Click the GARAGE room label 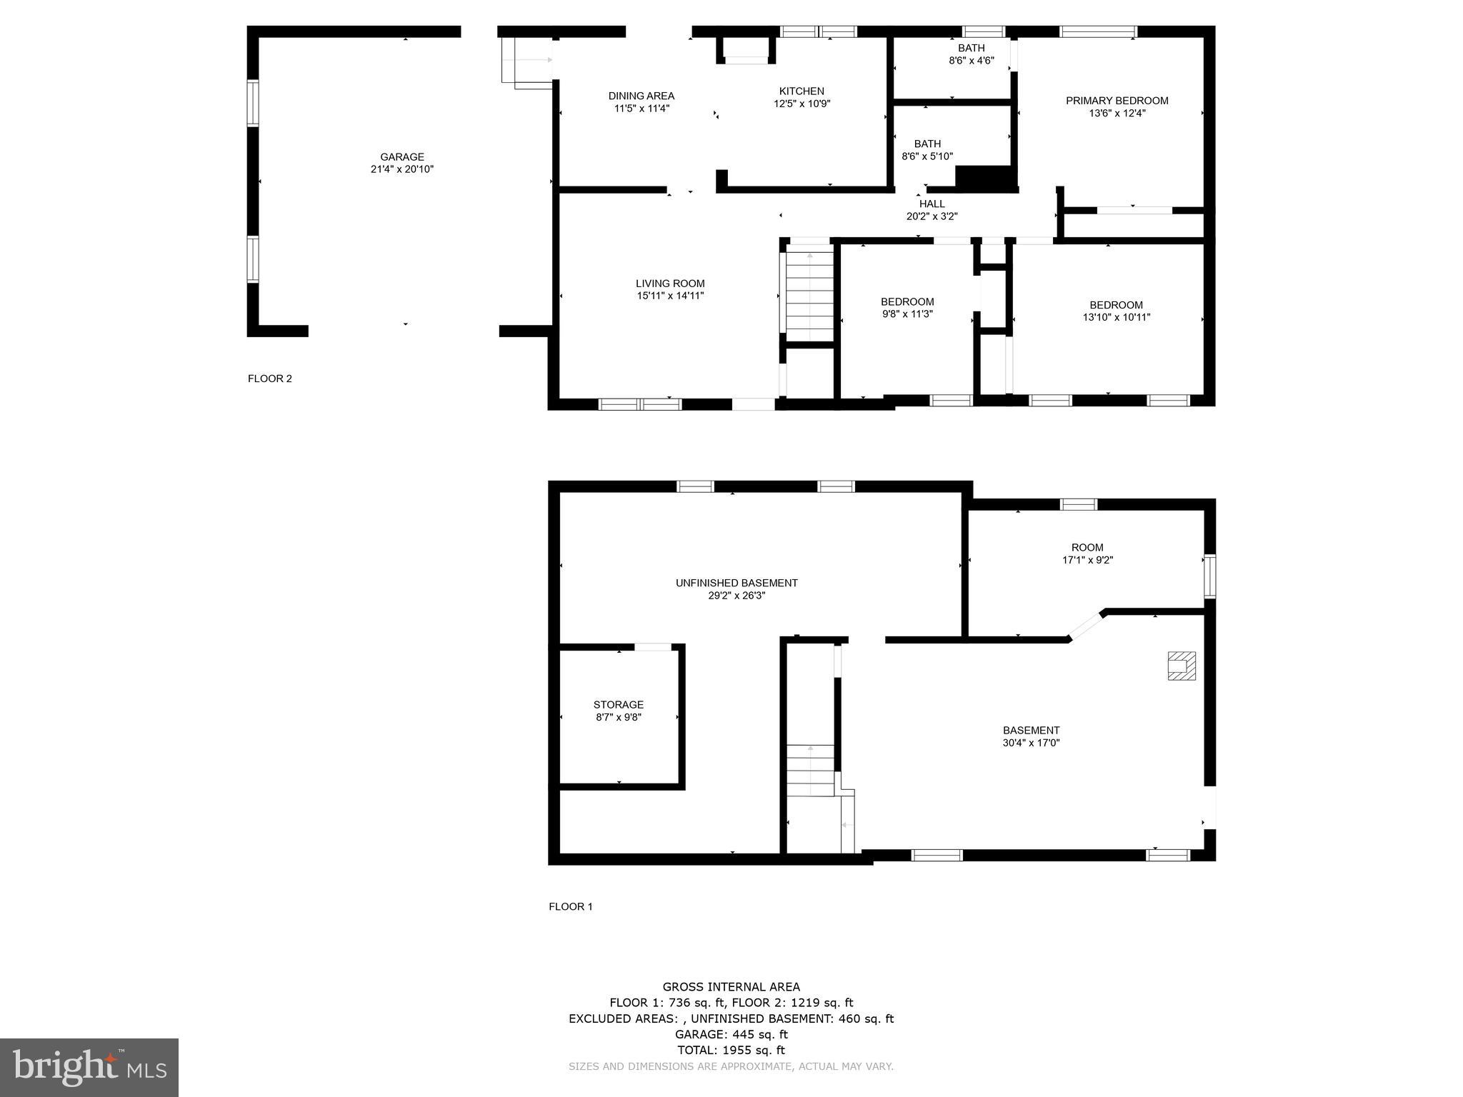(402, 157)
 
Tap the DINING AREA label (641, 96)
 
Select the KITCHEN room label (802, 91)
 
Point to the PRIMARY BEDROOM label (1117, 101)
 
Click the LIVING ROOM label (671, 284)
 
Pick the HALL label (932, 204)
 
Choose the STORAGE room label (619, 704)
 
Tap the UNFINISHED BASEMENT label (737, 583)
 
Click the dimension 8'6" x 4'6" (972, 61)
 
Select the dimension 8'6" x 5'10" (927, 156)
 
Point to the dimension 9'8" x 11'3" (907, 314)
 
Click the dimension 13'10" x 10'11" (1117, 317)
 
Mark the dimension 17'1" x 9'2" (1088, 560)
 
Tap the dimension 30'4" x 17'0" (1031, 742)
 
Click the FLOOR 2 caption (270, 379)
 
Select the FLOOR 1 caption (571, 906)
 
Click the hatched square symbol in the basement (1182, 666)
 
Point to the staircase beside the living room (810, 293)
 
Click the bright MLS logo (89, 1068)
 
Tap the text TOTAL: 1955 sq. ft (731, 1050)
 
